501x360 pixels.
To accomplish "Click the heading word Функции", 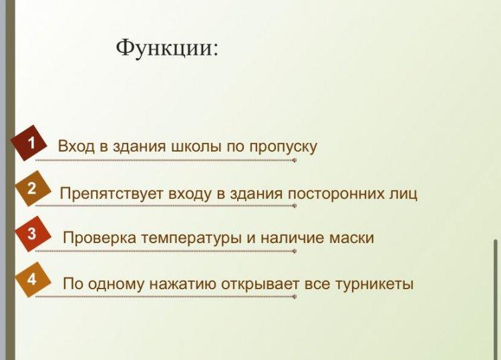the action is pyautogui.click(x=167, y=49).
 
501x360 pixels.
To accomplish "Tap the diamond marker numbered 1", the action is pyautogui.click(x=29, y=143).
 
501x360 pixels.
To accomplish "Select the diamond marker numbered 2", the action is pyautogui.click(x=33, y=188).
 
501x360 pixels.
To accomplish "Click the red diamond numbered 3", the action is pyautogui.click(x=33, y=234).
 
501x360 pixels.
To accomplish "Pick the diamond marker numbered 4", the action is pyautogui.click(x=33, y=280).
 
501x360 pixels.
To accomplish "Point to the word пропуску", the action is pyautogui.click(x=283, y=147).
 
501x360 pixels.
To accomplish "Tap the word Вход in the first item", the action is pyautogui.click(x=76, y=147).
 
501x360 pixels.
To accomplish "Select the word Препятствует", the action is pyautogui.click(x=112, y=194).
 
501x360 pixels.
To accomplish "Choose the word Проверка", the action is pyautogui.click(x=100, y=238).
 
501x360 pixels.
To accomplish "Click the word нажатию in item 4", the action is pyautogui.click(x=183, y=284).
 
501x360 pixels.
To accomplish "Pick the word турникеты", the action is pyautogui.click(x=375, y=284).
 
